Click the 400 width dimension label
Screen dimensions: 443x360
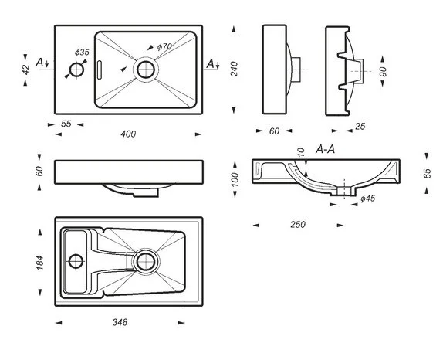click(x=128, y=134)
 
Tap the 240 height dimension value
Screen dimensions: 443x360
click(x=234, y=69)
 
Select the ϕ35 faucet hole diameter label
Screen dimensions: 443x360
click(x=82, y=53)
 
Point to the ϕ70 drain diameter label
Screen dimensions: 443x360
click(x=164, y=46)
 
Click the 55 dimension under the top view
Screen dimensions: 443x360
click(x=66, y=124)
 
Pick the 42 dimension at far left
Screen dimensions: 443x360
click(x=25, y=70)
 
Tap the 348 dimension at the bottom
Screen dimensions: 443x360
click(x=120, y=322)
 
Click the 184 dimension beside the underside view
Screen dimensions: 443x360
click(x=40, y=263)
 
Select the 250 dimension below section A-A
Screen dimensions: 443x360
click(x=298, y=225)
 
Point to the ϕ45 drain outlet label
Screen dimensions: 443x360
click(x=368, y=199)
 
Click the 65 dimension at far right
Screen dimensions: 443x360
click(x=428, y=173)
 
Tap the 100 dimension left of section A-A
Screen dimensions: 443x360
click(x=235, y=179)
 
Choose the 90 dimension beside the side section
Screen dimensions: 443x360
click(x=383, y=72)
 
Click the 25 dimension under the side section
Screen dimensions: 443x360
click(x=360, y=127)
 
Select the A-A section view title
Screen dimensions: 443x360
click(x=325, y=149)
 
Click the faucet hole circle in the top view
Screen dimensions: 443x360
click(x=76, y=70)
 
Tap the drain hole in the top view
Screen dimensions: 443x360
click(x=146, y=70)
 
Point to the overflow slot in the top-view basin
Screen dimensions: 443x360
click(x=99, y=70)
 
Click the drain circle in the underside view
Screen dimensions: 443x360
click(x=146, y=262)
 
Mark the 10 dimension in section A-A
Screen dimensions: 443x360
click(x=302, y=152)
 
